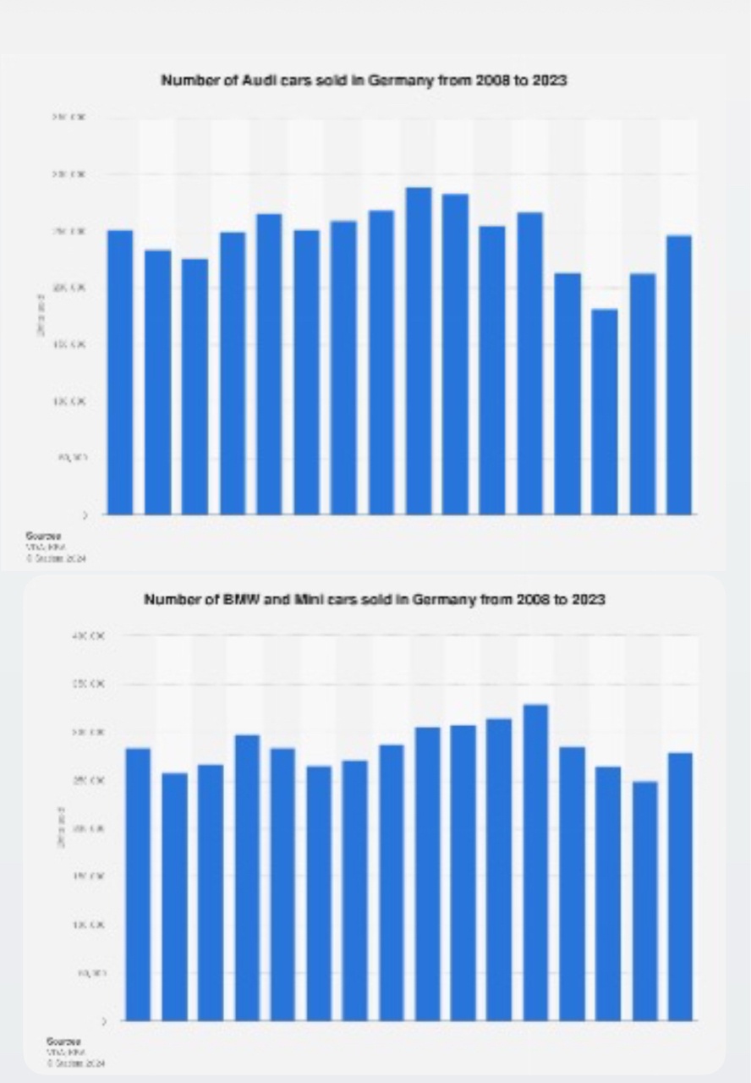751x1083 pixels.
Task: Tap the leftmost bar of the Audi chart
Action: click(x=120, y=371)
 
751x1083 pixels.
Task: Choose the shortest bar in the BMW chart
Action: click(x=644, y=900)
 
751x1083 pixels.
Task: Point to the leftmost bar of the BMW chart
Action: click(x=138, y=883)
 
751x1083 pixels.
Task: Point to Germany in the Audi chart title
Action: click(x=410, y=81)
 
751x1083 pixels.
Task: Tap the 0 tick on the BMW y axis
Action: click(x=103, y=1021)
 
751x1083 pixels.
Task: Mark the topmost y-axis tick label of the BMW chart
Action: click(x=90, y=635)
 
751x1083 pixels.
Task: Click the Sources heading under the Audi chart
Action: click(x=37, y=536)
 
